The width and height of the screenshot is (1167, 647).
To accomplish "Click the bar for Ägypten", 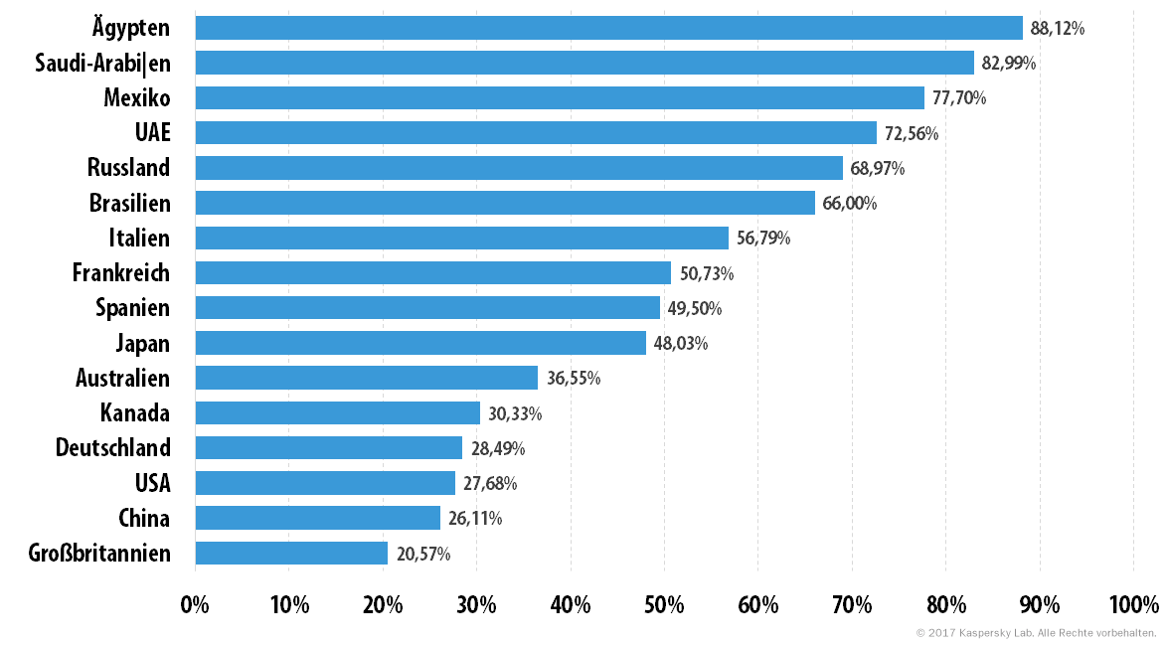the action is [608, 28].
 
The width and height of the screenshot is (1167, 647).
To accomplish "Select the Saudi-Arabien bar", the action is [584, 63].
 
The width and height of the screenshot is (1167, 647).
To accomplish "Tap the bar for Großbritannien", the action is [292, 554].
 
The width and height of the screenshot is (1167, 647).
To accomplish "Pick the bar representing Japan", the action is [420, 343].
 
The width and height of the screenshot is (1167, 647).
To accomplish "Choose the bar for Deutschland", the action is [329, 447].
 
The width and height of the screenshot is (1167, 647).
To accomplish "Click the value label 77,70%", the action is [958, 97].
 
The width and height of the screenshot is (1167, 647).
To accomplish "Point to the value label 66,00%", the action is [849, 204].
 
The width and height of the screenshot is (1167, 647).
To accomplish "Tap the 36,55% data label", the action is [574, 379].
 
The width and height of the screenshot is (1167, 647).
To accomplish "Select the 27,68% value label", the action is [490, 483].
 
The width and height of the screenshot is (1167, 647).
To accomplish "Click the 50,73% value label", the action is [707, 273].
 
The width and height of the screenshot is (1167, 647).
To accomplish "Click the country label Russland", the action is [129, 168].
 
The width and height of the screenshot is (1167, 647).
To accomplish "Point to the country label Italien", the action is [139, 238].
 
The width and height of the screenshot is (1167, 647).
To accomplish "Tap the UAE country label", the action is [152, 132].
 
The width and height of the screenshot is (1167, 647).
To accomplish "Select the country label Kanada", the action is [135, 412].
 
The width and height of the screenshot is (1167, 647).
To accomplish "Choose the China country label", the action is [144, 518].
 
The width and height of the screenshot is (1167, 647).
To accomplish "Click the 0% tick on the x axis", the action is [195, 604].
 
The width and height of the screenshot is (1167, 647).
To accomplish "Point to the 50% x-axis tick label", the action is [664, 604].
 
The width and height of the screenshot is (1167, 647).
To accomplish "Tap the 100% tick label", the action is [1134, 604].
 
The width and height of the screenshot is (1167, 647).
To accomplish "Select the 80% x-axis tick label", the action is [946, 604].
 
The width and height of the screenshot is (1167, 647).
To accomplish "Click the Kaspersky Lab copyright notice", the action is [1036, 633].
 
